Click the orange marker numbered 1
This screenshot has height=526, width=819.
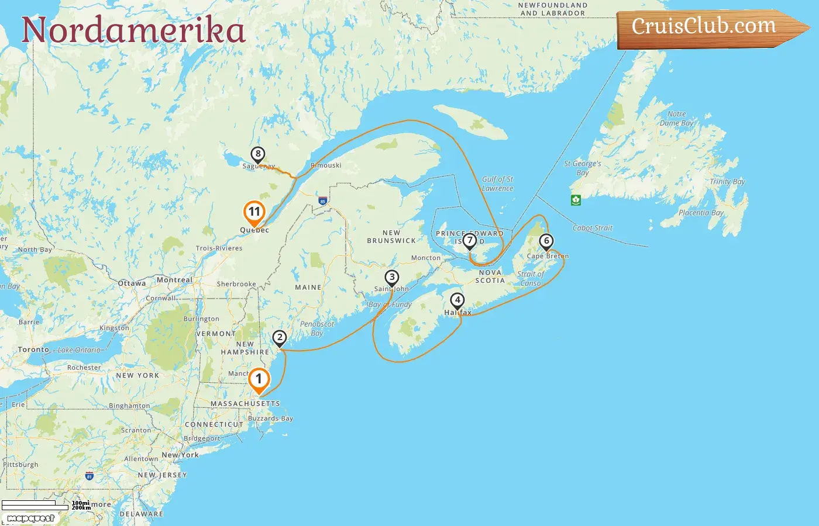[x=259, y=380]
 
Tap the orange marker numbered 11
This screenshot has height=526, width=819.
[x=254, y=213]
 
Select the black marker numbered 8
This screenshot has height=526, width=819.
[x=257, y=155]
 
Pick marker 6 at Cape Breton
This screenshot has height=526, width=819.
[x=546, y=241]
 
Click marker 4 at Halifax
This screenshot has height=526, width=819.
[x=457, y=301]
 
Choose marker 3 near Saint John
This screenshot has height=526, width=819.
[x=392, y=278]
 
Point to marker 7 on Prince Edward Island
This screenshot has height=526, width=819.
[x=469, y=241]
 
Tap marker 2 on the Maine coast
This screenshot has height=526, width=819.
[x=280, y=338]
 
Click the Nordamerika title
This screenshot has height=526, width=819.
[x=133, y=30]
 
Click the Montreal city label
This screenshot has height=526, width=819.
[x=174, y=280]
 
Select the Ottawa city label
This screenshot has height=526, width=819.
[x=132, y=283]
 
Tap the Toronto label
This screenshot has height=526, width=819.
[x=33, y=349]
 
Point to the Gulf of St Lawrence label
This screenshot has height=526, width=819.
[x=497, y=184]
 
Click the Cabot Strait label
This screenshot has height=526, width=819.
[x=592, y=228]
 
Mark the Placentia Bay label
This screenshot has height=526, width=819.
[x=701, y=213]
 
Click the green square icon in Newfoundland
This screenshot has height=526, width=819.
[x=576, y=200]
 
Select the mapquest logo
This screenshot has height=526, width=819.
[x=30, y=518]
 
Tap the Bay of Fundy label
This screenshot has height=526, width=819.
[x=390, y=304]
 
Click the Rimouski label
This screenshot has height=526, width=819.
[x=326, y=165]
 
